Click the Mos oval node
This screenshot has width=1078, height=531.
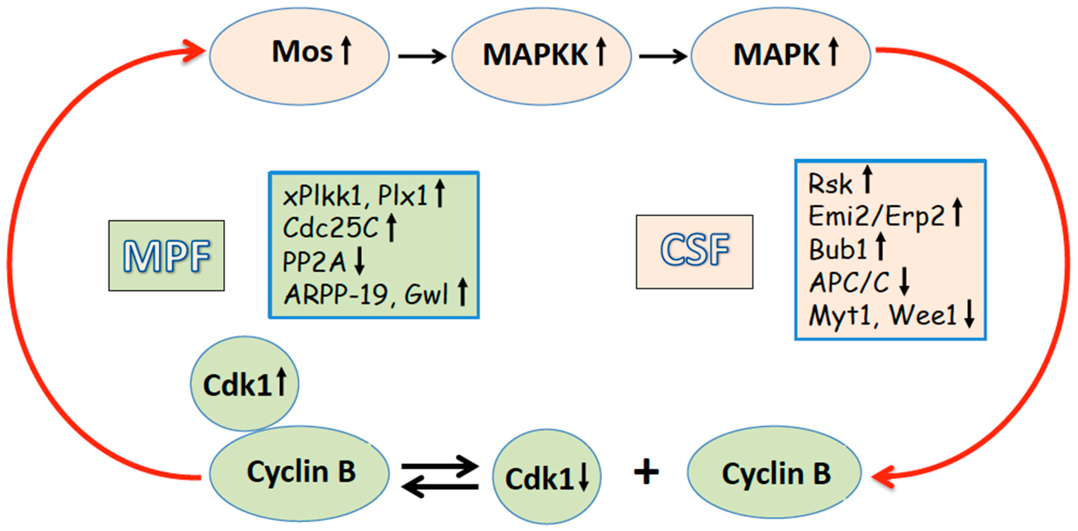pos(299,57)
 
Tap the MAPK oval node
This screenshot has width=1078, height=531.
pos(781,57)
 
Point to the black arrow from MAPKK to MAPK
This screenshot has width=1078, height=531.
pos(662,56)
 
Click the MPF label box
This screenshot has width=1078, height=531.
pos(167,255)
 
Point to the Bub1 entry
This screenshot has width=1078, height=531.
pos(837,250)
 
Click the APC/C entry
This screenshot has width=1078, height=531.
pos(849,283)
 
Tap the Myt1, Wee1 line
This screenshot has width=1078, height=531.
pos(883,315)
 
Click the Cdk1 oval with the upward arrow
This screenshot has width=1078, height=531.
pos(245,384)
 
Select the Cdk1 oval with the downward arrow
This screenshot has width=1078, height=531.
pos(546,477)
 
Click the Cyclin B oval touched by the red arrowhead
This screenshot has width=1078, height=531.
pos(775,473)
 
